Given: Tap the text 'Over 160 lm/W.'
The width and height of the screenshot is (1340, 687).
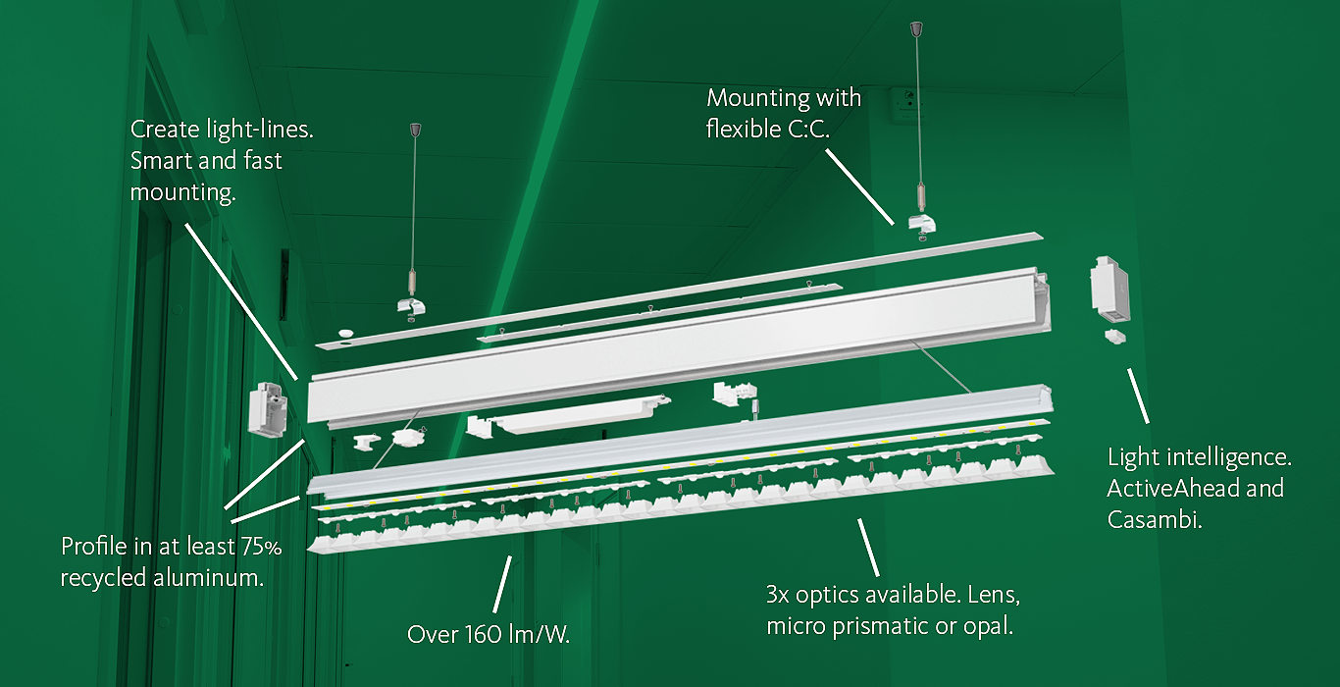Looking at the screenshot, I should click(x=489, y=635).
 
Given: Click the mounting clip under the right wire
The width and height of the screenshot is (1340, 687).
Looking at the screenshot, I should click(x=923, y=225).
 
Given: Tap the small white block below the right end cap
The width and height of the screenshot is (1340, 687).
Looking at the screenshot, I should click(x=1113, y=337).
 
